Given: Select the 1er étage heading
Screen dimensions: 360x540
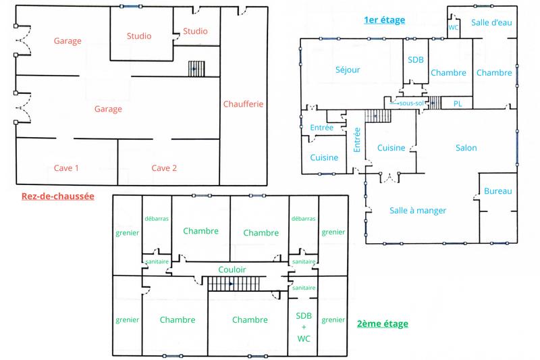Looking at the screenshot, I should tap(384, 20).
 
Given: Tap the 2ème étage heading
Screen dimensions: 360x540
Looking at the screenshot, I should tap(382, 324).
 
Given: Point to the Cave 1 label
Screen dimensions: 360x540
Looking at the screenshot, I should tap(67, 168).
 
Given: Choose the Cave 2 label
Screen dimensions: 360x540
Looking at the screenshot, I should tap(164, 168).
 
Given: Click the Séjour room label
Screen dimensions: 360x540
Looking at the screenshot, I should tap(348, 70).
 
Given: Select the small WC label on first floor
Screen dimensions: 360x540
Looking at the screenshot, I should tap(454, 28).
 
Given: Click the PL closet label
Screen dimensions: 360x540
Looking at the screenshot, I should tap(458, 103).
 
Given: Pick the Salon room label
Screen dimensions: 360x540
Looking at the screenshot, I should tap(466, 148).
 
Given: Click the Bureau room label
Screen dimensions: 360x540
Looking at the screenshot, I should tap(498, 192).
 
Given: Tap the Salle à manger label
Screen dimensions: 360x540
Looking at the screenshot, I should tap(418, 210).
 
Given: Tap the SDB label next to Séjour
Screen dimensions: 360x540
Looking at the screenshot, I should tap(416, 59).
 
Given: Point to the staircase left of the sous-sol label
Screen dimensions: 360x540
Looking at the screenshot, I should tap(378, 115).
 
